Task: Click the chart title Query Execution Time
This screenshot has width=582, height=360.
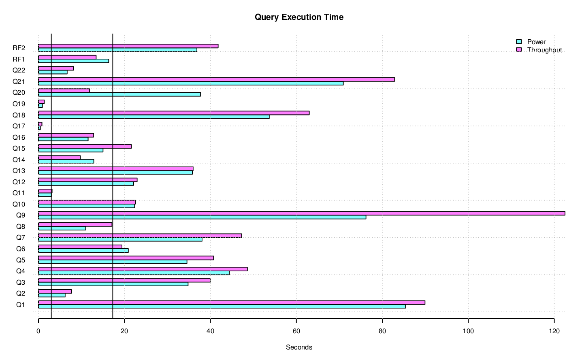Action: pyautogui.click(x=299, y=17)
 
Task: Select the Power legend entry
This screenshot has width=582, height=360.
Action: pyautogui.click(x=536, y=42)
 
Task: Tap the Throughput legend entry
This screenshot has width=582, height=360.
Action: pyautogui.click(x=544, y=50)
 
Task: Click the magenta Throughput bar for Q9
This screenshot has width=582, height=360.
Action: pyautogui.click(x=301, y=213)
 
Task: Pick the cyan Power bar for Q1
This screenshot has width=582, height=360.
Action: pyautogui.click(x=222, y=307)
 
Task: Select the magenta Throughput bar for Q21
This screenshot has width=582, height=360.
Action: pyautogui.click(x=216, y=79)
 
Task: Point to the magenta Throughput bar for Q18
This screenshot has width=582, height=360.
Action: pyautogui.click(x=174, y=113)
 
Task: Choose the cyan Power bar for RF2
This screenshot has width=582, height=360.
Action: pyautogui.click(x=117, y=50)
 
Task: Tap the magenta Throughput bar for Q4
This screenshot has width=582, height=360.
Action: pyautogui.click(x=143, y=269)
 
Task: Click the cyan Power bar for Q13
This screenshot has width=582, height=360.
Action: pyautogui.click(x=115, y=173)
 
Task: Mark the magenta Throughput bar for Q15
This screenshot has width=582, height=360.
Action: pyautogui.click(x=85, y=146)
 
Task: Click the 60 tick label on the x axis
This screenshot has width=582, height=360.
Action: pyautogui.click(x=296, y=331)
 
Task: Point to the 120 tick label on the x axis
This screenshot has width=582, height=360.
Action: pyautogui.click(x=554, y=331)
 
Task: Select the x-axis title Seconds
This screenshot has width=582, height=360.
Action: pyautogui.click(x=299, y=347)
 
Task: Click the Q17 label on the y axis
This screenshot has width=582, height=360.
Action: pyautogui.click(x=19, y=126)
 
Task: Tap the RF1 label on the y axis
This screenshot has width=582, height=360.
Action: pyautogui.click(x=19, y=59)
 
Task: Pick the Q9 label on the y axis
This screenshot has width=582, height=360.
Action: pyautogui.click(x=21, y=215)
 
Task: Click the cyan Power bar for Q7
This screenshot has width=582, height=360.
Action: pyautogui.click(x=120, y=239)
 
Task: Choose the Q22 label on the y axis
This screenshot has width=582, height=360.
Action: pyautogui.click(x=19, y=70)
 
